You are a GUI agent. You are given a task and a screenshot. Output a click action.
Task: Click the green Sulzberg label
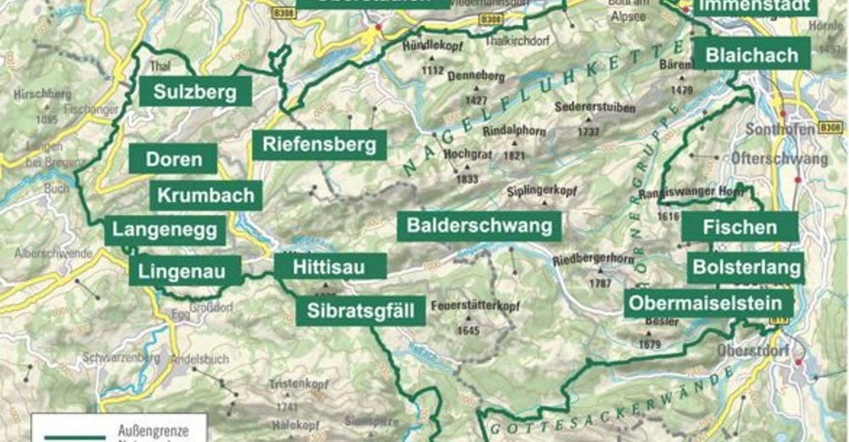pos(195,92)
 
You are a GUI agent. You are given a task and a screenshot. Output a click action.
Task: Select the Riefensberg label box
pos(319,144)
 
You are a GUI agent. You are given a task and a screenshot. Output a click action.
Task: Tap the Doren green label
pos(174,159)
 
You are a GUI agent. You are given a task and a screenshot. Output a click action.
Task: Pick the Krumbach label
pos(206,195)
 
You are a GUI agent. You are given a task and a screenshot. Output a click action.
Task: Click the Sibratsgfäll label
pos(361,310)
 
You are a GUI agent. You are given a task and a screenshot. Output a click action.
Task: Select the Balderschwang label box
pos(480,226)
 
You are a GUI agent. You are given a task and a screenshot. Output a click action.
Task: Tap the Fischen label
pos(740,227)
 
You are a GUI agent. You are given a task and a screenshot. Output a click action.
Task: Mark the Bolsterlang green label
pos(747,268)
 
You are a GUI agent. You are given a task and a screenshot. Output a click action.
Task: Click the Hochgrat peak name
pos(463,155)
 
